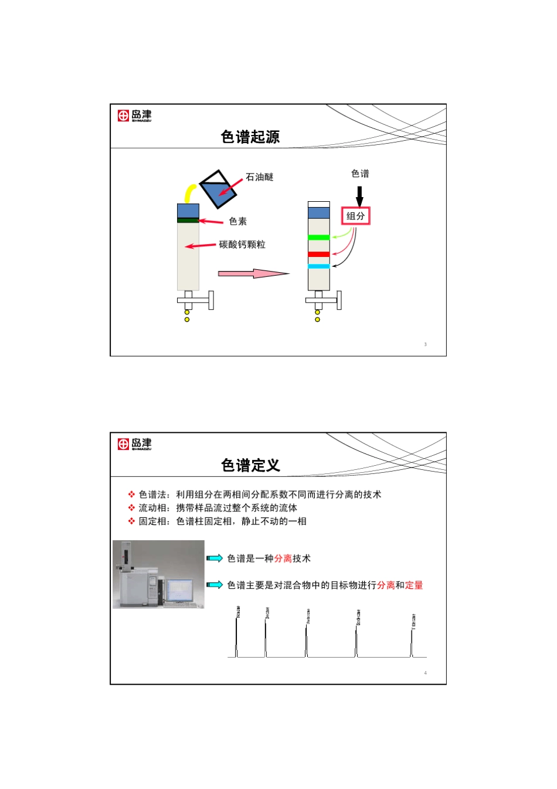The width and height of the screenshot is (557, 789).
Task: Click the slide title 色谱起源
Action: coord(250,137)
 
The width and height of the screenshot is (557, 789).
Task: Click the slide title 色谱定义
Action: coord(250,465)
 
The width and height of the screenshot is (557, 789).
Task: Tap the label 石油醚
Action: coord(259,177)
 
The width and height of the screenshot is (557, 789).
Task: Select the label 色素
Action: coord(237,221)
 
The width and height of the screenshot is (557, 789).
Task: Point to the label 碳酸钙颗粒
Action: coord(242,245)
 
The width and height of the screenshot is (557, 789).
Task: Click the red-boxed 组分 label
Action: coord(355,216)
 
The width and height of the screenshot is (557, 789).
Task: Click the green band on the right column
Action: coord(318,238)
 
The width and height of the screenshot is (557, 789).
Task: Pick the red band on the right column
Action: coord(318,254)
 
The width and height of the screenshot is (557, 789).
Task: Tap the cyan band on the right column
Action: coord(318,266)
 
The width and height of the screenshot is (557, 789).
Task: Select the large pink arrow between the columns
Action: coord(252,273)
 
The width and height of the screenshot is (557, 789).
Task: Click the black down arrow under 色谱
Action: coord(359,195)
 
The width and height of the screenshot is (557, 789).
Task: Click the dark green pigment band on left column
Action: coord(188,221)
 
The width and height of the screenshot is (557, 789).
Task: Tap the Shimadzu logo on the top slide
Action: coord(134,115)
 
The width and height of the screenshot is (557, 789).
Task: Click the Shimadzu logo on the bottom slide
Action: coord(134,443)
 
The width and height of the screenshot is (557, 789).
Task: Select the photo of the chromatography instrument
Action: coord(158,574)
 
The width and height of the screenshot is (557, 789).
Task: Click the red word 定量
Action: coord(414,585)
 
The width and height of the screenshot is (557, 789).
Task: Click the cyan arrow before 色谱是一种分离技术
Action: coord(215,558)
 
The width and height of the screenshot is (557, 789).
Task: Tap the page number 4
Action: coord(426,673)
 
